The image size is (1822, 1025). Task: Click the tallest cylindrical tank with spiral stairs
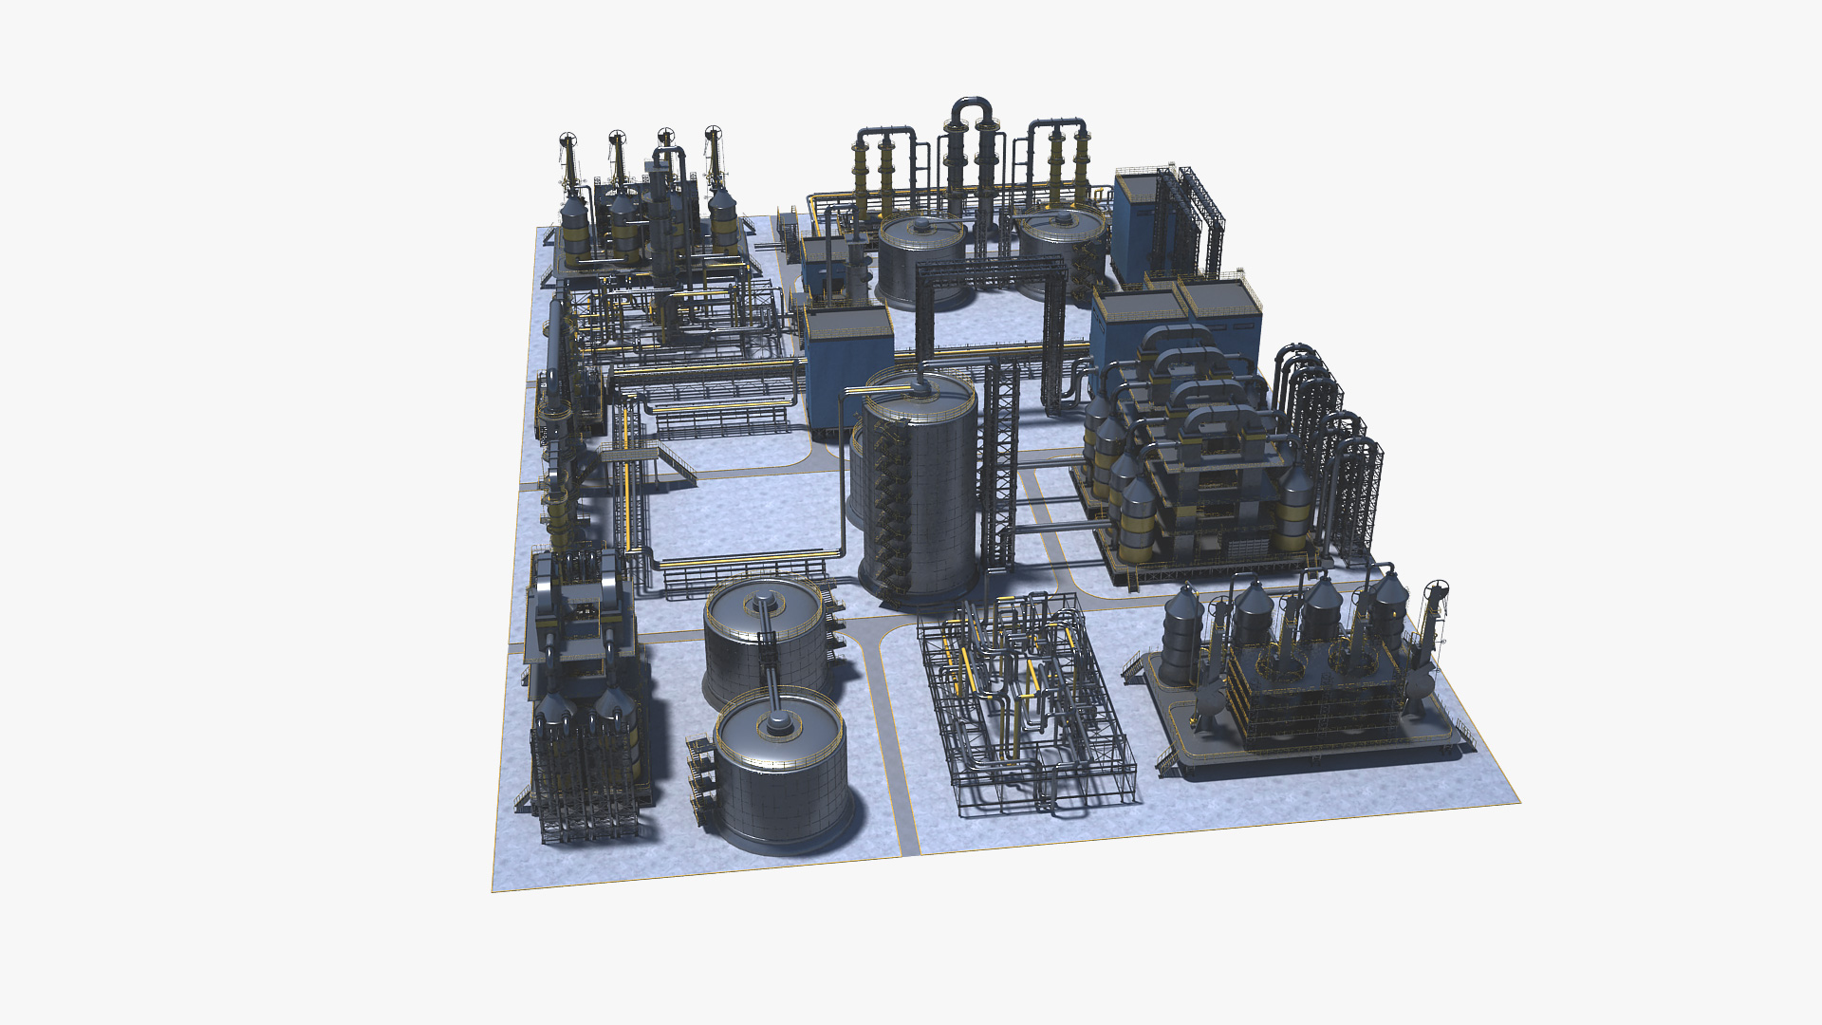click(x=918, y=494)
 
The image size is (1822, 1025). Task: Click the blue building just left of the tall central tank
click(x=847, y=375)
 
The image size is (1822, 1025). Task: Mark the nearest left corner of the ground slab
click(x=493, y=890)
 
